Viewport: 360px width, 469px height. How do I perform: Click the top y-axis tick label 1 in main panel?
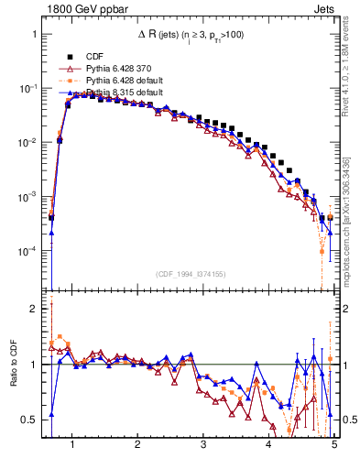click(35, 34)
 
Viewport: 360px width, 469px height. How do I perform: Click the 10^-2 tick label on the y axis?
click(29, 142)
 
